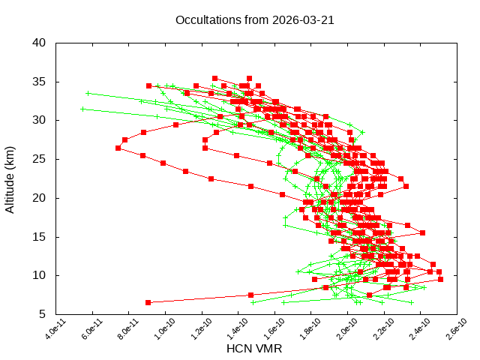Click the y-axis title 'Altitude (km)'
coord(10,178)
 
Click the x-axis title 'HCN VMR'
coord(254,349)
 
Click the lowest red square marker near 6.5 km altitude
coord(148,302)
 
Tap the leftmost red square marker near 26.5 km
coord(118,148)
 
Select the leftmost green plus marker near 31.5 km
coord(82,109)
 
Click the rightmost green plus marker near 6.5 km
coord(411,302)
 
